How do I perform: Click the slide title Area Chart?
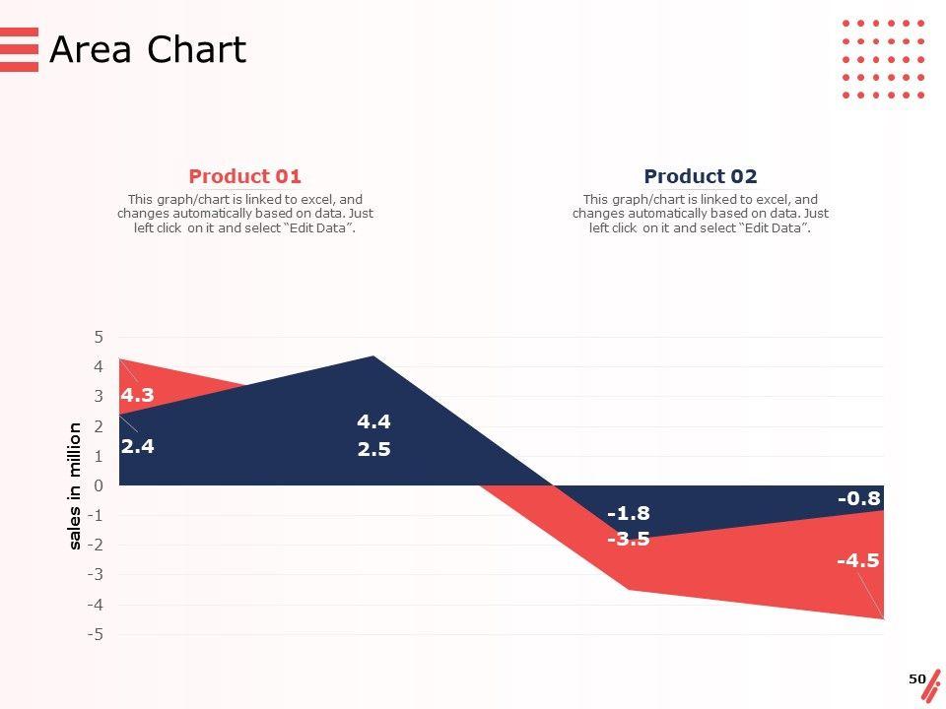tap(148, 49)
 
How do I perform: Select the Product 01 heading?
tap(244, 176)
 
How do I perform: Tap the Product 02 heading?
tap(700, 176)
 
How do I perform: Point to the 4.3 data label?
tap(137, 395)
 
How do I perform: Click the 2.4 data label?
tap(137, 445)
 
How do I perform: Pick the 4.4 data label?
tap(373, 421)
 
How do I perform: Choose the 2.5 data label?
tap(373, 450)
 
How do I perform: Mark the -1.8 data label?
tap(628, 513)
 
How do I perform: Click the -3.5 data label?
tap(628, 539)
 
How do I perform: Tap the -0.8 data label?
tap(858, 498)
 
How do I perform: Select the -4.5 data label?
tap(857, 560)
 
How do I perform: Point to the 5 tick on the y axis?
tap(99, 337)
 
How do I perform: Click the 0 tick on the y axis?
tap(99, 485)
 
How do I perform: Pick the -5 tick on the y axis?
tap(95, 634)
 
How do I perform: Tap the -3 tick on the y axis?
tap(95, 574)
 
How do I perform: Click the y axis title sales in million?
tap(75, 485)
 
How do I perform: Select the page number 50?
tap(916, 678)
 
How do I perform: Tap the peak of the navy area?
tap(373, 356)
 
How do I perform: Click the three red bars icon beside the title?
tap(19, 49)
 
